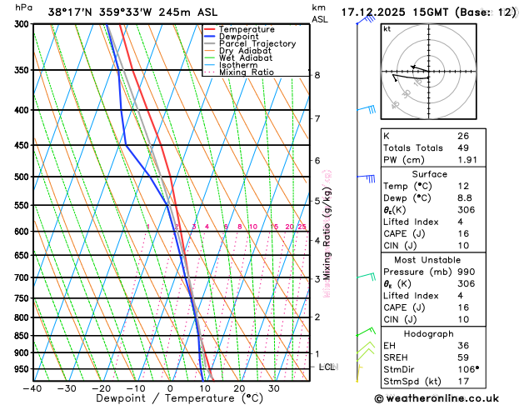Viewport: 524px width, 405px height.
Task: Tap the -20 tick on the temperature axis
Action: click(101, 388)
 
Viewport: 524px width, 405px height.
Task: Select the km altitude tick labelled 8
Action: click(317, 75)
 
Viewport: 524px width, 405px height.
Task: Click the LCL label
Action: click(327, 367)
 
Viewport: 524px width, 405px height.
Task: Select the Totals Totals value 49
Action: click(463, 147)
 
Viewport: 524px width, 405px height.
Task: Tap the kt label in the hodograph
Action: click(387, 28)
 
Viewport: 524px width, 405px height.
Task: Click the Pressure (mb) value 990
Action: click(466, 272)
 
